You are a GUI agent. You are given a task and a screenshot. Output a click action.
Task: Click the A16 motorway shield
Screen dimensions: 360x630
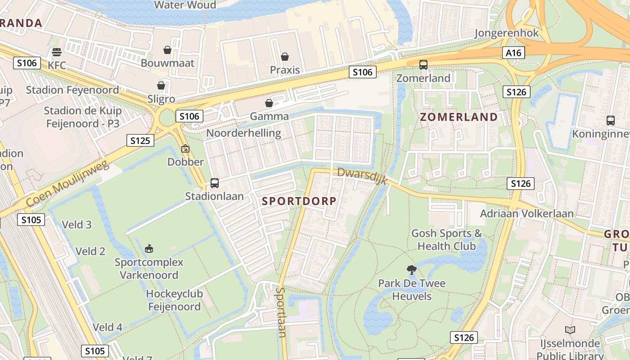point(513,53)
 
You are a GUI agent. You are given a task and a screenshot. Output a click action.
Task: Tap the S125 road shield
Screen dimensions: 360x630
point(140,140)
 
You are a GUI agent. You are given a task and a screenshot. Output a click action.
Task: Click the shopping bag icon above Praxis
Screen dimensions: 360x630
point(285,57)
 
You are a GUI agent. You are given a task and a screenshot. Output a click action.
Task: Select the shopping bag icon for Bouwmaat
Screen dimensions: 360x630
point(167,50)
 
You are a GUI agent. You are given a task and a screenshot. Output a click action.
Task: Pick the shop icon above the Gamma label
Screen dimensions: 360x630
point(269,103)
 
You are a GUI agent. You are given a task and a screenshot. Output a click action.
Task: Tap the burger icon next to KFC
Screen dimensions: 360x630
point(56,52)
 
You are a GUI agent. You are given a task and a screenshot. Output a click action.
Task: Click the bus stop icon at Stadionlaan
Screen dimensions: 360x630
point(215,183)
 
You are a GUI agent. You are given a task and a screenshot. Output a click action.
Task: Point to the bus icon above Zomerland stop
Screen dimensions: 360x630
point(423,65)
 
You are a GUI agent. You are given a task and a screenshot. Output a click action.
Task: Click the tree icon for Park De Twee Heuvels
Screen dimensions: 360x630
point(411,270)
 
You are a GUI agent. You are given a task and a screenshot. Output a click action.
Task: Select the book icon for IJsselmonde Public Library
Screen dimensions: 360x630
point(570,330)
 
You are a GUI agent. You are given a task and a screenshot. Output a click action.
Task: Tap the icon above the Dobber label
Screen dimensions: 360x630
point(185,148)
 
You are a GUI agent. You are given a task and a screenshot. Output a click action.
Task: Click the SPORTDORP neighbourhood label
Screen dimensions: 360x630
point(299,201)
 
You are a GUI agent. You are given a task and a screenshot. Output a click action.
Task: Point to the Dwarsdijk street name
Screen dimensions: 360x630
point(362,175)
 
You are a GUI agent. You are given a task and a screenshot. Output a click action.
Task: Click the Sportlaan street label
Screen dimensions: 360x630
point(282,312)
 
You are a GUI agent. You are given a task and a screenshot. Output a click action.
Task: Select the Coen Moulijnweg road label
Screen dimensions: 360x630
point(67,184)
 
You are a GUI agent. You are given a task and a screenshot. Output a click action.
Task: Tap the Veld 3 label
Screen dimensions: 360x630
point(76,225)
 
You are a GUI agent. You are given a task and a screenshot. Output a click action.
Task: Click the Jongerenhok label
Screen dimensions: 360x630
point(507,33)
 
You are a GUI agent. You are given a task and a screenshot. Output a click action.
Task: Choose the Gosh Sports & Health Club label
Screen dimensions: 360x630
point(446,239)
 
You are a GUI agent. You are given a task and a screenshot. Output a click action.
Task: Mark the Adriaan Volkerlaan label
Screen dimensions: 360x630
point(526,213)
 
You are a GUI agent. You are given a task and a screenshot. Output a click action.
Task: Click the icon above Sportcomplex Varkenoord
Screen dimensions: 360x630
point(149,248)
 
